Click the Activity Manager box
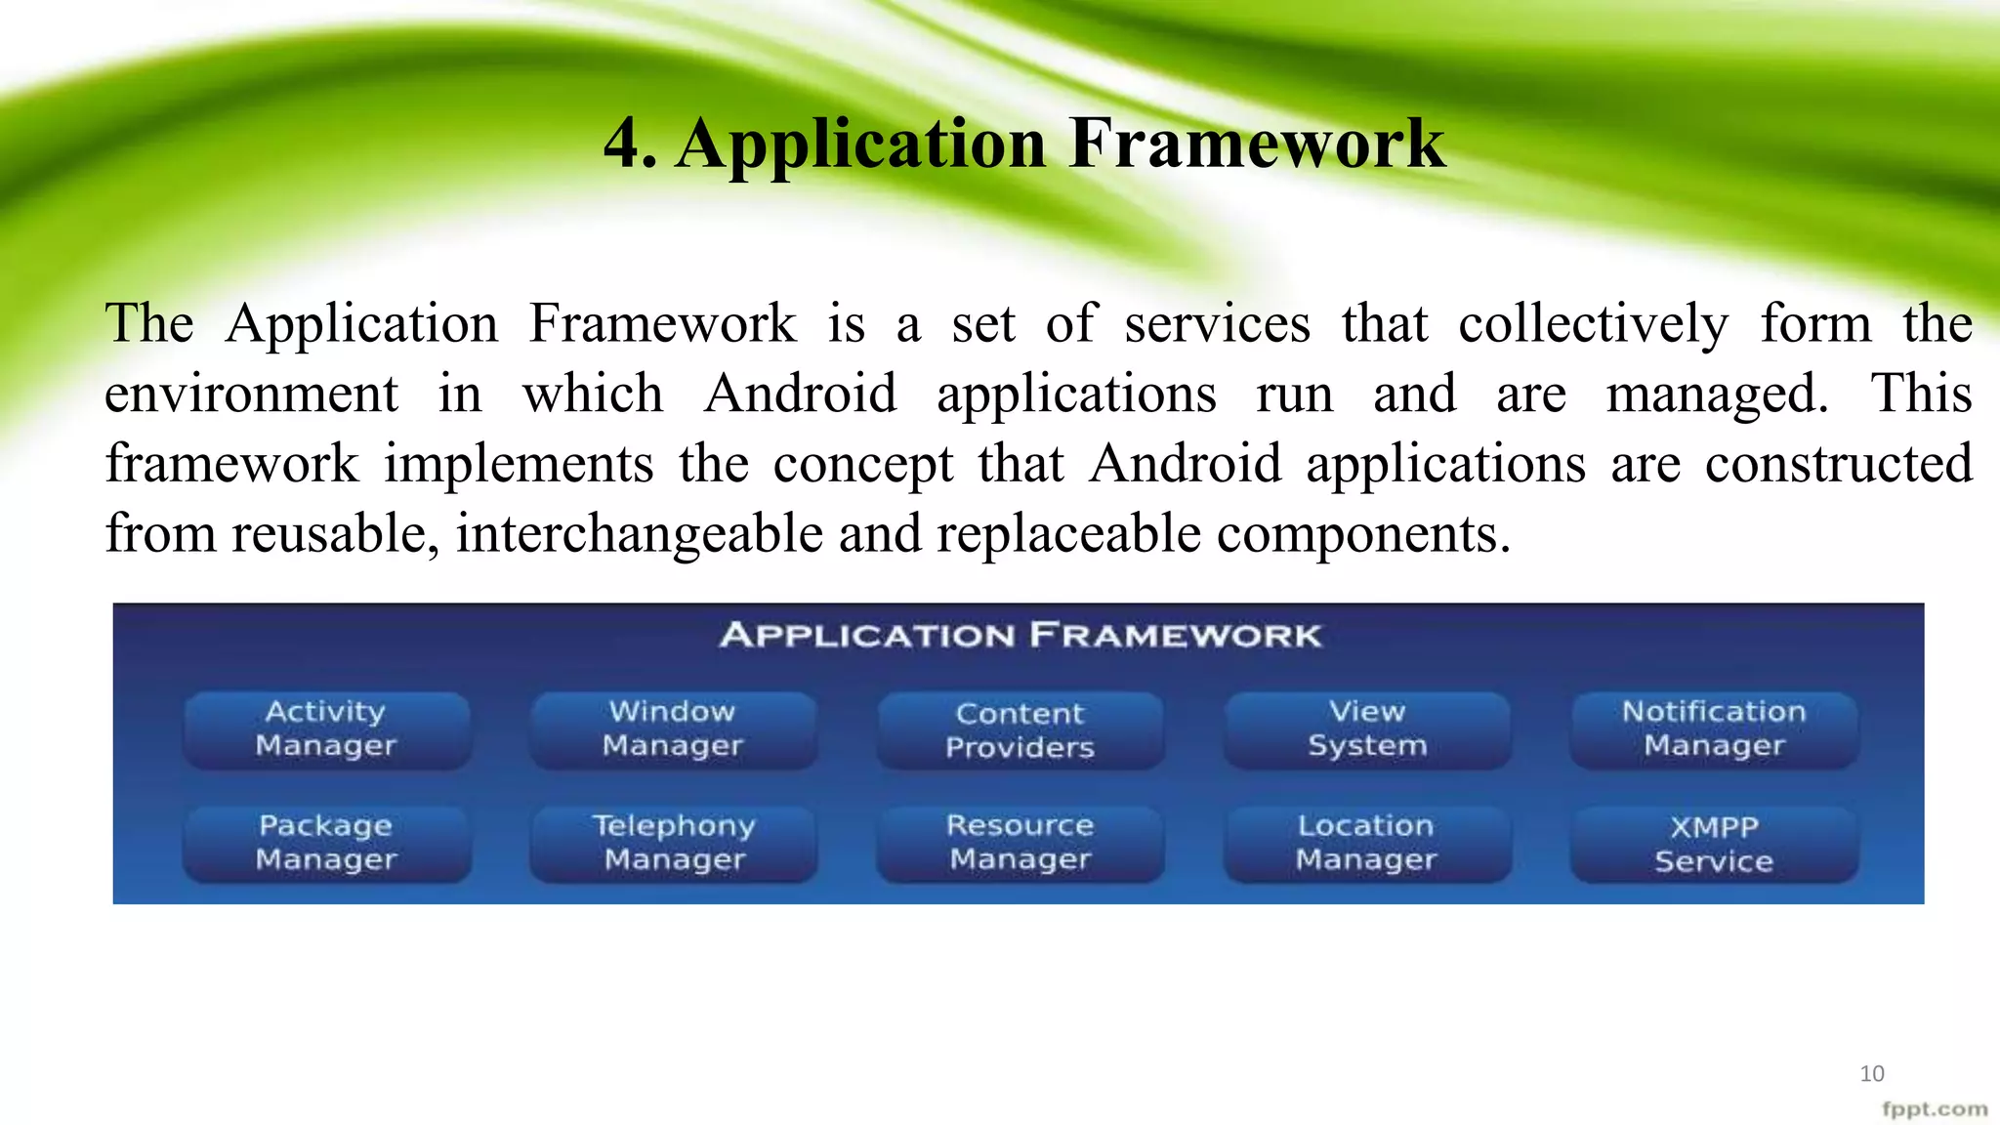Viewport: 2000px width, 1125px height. pos(326,729)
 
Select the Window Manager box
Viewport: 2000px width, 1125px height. pos(673,729)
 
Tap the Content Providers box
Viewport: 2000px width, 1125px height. pos(1020,730)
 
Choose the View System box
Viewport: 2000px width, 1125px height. pos(1367,729)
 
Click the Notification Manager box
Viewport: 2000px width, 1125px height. pos(1714,729)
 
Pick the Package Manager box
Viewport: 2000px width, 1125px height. pos(326,844)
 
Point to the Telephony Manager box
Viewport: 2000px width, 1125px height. pos(673,844)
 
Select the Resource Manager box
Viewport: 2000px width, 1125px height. pos(1020,844)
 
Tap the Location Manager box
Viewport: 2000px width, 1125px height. pos(1367,844)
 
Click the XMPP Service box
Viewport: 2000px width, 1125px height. pos(1714,845)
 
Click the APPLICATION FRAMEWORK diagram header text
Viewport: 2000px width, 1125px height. pos(1020,636)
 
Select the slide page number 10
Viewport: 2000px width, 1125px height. pos(1871,1073)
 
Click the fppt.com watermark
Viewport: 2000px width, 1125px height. pos(1934,1108)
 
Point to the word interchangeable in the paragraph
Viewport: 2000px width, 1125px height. pos(640,534)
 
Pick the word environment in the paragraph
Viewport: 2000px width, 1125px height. pos(251,395)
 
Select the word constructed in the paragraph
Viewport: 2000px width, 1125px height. pos(1838,464)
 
